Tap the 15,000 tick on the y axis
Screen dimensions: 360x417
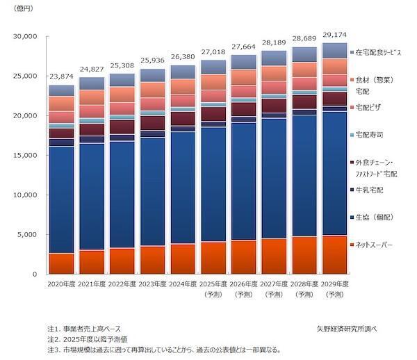(x=26, y=156)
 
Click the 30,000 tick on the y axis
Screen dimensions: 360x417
(x=26, y=37)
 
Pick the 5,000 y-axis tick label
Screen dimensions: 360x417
(x=28, y=235)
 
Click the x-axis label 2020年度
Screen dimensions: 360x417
(x=61, y=284)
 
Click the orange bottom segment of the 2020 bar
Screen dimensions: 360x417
(x=61, y=263)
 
